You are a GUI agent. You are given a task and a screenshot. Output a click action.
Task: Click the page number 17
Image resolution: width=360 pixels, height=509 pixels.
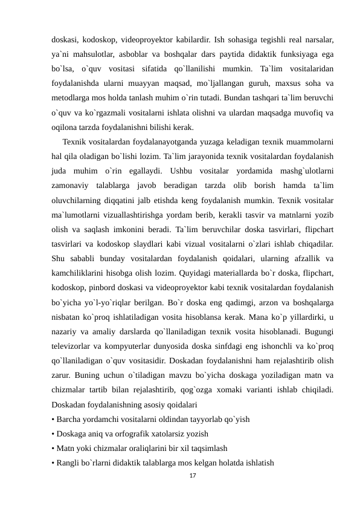coord(193,476)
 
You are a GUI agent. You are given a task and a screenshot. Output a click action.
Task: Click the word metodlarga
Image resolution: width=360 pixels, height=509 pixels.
coord(70,98)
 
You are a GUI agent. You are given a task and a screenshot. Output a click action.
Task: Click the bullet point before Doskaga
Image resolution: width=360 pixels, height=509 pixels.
coord(54,433)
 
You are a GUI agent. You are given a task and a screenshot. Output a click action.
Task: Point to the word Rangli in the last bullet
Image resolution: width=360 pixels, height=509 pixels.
coord(68,462)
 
